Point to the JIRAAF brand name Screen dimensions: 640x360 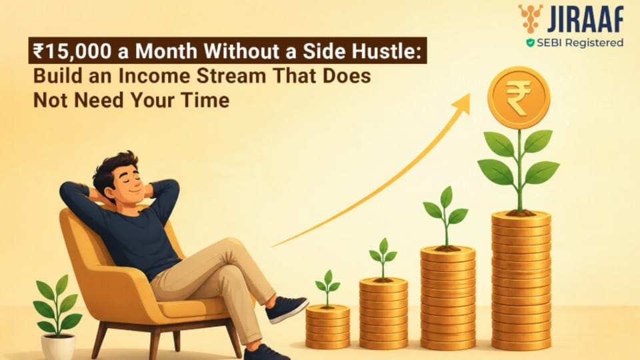(585, 19)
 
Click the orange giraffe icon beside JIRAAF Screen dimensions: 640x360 (531, 19)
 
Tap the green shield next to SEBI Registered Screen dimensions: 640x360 (530, 43)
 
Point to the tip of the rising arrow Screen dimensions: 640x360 (470, 94)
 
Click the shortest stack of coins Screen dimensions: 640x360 (328, 327)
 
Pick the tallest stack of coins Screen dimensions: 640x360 (521, 281)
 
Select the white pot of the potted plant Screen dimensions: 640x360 (59, 347)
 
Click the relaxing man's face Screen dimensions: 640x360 (127, 185)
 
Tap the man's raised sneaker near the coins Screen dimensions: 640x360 (286, 309)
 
